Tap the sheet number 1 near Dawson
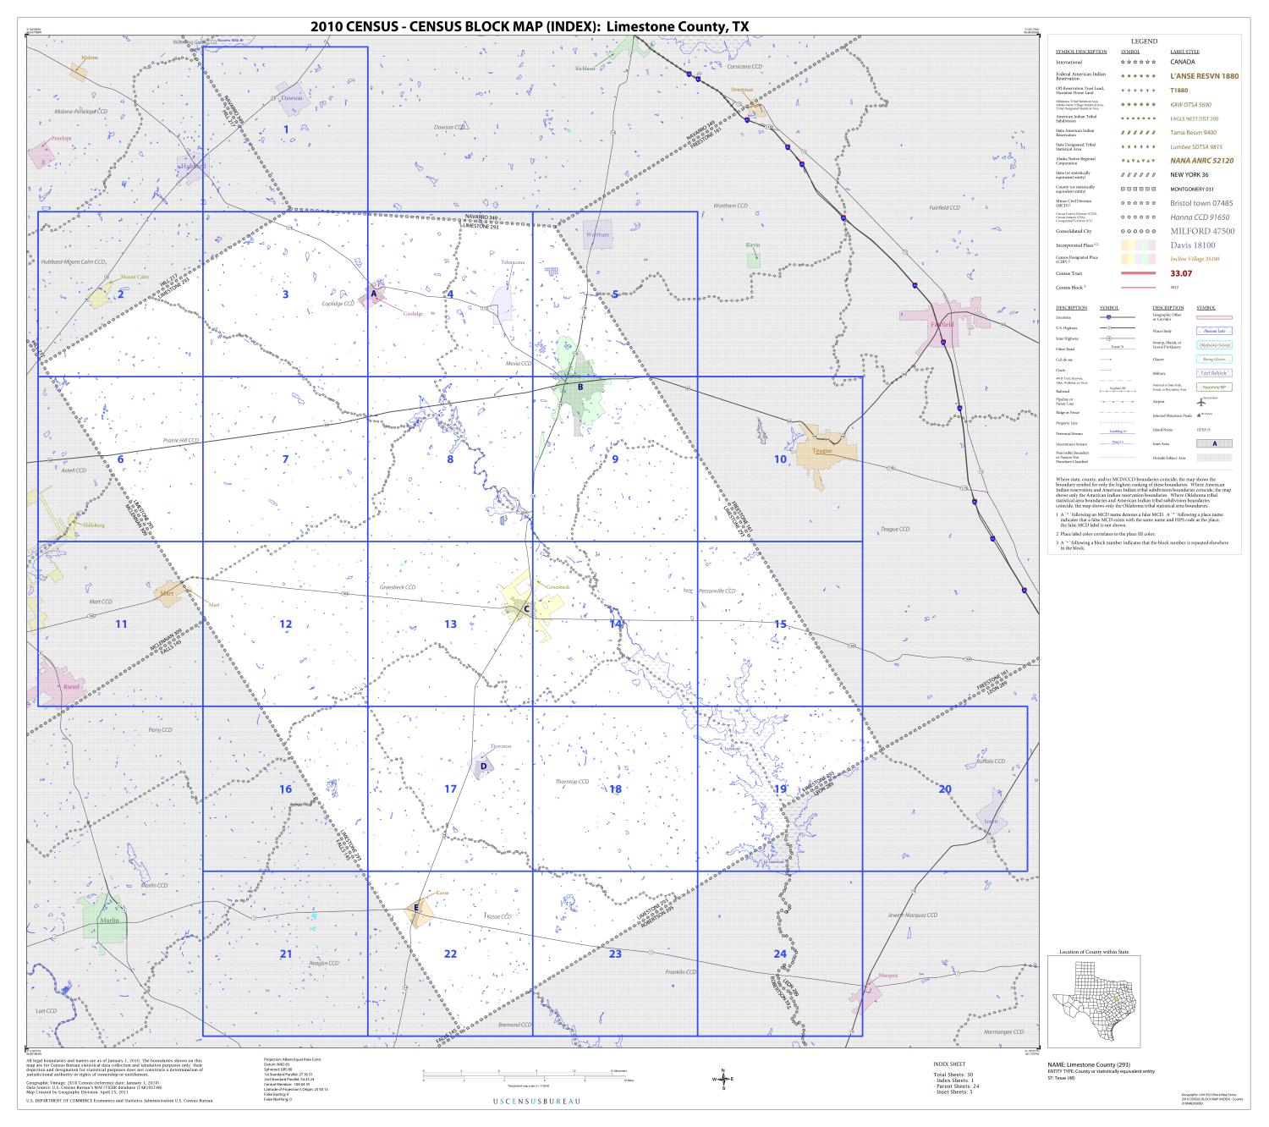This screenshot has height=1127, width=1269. coord(286,129)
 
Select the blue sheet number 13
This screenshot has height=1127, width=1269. coord(450,624)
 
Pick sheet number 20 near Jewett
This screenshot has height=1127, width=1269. coord(945,789)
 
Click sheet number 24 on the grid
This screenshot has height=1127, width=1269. coord(780,954)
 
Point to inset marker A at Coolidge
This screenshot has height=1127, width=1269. coord(373,294)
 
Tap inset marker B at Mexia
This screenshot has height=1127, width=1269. coord(580,388)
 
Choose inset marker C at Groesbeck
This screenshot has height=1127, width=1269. coord(526,608)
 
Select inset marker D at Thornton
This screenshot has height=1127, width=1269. coord(483,766)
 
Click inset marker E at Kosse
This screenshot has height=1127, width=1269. coord(415,908)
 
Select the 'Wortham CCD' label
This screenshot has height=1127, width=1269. coord(731,206)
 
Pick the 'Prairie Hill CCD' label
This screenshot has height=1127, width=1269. coord(180,441)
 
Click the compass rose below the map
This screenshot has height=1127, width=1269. coord(724,1078)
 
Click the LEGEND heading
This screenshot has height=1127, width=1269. coord(1145,41)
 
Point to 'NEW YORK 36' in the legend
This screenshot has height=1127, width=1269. coord(1189,174)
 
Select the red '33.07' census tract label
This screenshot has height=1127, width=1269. coord(1181,273)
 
